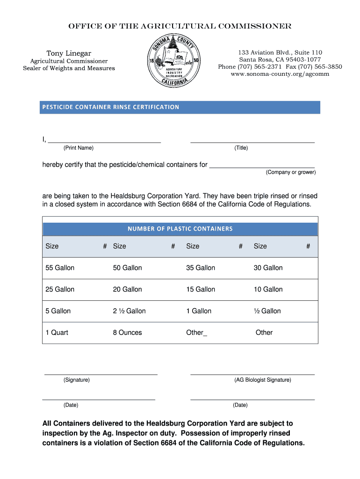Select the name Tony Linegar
69,53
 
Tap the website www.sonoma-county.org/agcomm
280,74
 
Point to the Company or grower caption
291,173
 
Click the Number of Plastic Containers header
180,229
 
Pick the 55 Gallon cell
60,268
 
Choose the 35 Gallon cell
201,268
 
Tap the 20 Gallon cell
127,290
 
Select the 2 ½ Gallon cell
129,311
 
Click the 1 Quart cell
57,333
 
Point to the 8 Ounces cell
127,333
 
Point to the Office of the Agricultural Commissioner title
180,26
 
